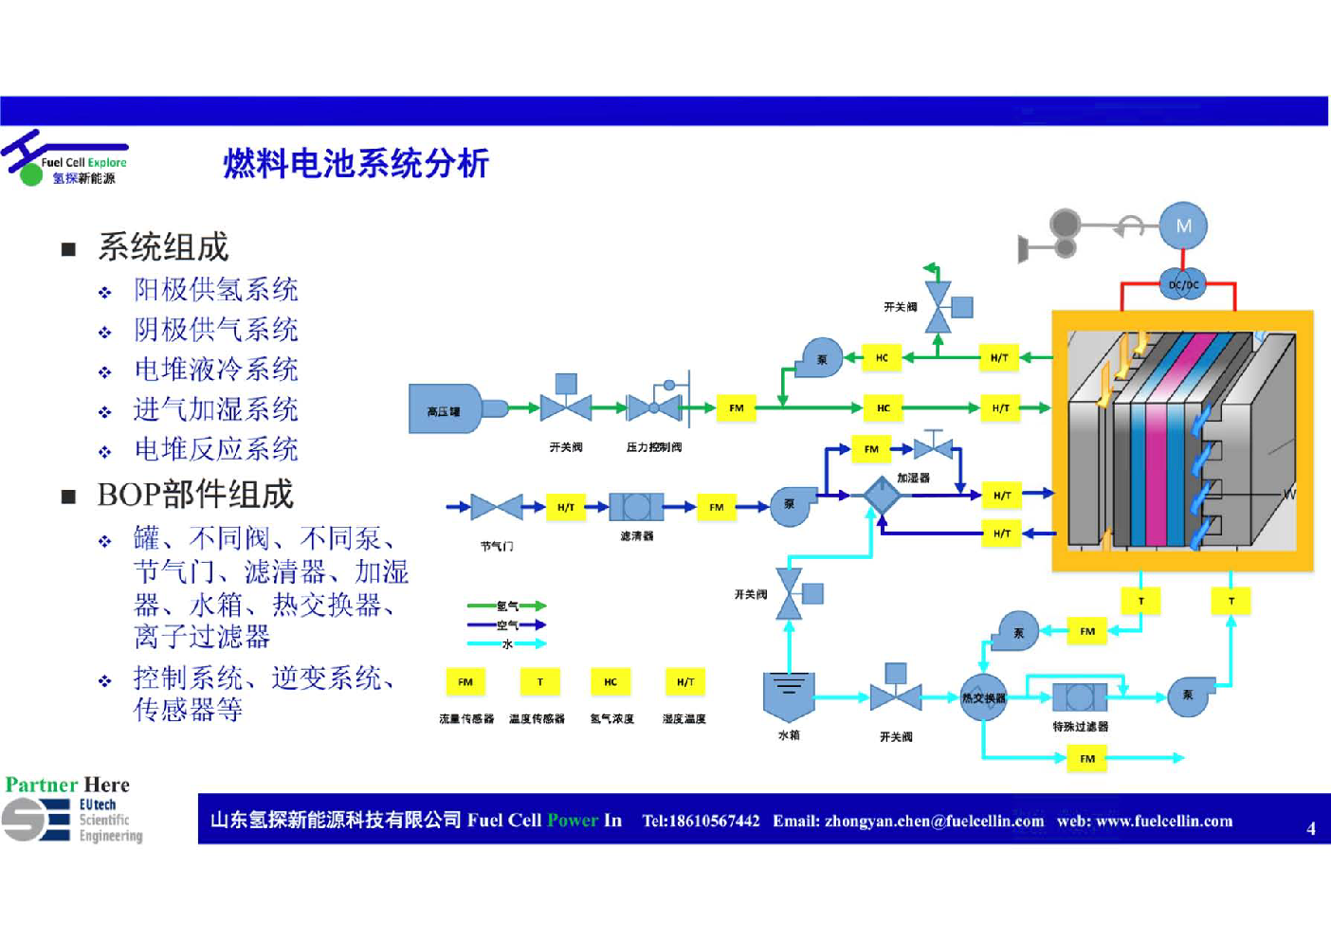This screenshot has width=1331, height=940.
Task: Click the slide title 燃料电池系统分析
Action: coord(356,164)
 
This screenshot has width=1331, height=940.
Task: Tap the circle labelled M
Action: coord(1183,226)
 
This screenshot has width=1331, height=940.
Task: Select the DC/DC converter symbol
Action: coord(1183,283)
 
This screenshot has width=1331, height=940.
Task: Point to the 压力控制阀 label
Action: coord(654,447)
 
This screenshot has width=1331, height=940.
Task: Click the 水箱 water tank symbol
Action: coord(789,696)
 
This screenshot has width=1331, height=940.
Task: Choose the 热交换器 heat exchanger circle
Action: coord(983,698)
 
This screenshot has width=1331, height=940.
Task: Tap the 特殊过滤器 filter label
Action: coord(1080,727)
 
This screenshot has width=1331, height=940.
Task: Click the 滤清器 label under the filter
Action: coord(636,536)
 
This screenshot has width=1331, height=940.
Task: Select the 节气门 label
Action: coord(497,547)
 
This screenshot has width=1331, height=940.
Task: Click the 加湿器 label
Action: coord(913,478)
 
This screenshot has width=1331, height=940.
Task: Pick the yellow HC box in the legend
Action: coord(611,682)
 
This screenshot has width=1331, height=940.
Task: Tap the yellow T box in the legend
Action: coord(540,682)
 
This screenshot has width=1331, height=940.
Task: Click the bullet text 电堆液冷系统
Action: coord(216,370)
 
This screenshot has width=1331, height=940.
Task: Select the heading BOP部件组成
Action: coord(195,495)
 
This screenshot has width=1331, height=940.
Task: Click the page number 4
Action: coord(1311,828)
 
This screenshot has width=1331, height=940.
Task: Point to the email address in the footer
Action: coord(908,821)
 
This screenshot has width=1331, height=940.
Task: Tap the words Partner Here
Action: coord(67,785)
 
